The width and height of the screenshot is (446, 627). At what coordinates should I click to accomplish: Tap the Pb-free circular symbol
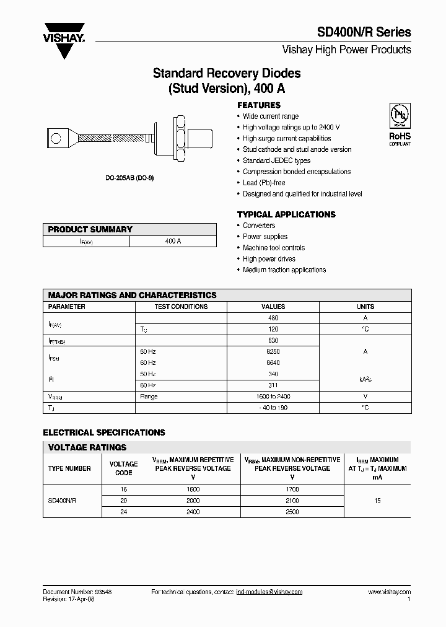pyautogui.click(x=398, y=115)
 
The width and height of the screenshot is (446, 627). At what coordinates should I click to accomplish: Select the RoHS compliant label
pyautogui.click(x=399, y=138)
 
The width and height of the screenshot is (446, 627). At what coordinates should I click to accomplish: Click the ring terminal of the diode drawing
pyautogui.click(x=58, y=134)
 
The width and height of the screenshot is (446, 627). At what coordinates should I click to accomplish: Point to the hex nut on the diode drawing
pyautogui.click(x=180, y=134)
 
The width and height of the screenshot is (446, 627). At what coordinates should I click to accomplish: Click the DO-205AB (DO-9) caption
pyautogui.click(x=129, y=178)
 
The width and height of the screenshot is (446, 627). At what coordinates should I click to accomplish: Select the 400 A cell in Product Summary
pyautogui.click(x=173, y=241)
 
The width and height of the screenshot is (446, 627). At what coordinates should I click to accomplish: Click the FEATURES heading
pyautogui.click(x=259, y=105)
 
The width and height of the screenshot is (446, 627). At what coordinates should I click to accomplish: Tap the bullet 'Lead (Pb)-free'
pyautogui.click(x=264, y=183)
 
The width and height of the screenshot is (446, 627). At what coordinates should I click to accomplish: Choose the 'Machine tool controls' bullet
pyautogui.click(x=273, y=248)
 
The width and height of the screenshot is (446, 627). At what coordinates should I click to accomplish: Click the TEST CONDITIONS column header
pyautogui.click(x=181, y=307)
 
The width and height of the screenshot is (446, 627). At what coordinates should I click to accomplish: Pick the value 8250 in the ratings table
pyautogui.click(x=273, y=351)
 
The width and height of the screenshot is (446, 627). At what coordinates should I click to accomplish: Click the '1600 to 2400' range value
pyautogui.click(x=273, y=397)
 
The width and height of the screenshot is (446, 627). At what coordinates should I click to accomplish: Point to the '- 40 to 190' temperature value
pyautogui.click(x=273, y=408)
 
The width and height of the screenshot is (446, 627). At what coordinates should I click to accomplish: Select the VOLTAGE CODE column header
pyautogui.click(x=124, y=468)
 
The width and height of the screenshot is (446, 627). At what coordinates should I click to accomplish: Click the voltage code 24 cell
pyautogui.click(x=124, y=512)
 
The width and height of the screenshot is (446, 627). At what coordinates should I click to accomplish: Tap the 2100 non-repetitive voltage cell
pyautogui.click(x=292, y=501)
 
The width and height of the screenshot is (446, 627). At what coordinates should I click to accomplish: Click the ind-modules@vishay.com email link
pyautogui.click(x=269, y=592)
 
